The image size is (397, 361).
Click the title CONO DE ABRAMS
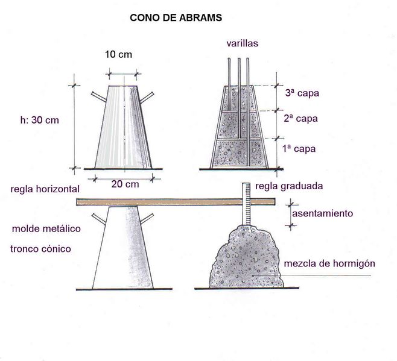(x=176, y=17)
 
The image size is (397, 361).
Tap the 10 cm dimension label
(x=118, y=54)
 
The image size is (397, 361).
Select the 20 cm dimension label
(x=125, y=184)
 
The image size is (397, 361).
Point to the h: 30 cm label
(x=39, y=120)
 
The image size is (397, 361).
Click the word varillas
(x=243, y=43)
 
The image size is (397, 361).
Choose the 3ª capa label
(x=302, y=93)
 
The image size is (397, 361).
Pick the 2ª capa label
(x=300, y=118)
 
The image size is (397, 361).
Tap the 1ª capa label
(x=299, y=149)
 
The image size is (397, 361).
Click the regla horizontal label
(x=45, y=189)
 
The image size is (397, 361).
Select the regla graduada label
(x=289, y=186)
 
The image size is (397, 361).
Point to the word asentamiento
(x=323, y=213)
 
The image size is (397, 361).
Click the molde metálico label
(x=46, y=228)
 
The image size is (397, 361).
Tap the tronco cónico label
(x=40, y=249)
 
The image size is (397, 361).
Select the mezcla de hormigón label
(x=329, y=263)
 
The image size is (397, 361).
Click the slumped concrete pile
(x=246, y=257)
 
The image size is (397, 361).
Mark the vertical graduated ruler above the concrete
(x=246, y=204)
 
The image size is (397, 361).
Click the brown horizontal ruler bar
(x=176, y=202)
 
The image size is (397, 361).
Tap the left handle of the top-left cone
(x=99, y=97)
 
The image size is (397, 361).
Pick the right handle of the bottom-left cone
(x=147, y=218)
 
